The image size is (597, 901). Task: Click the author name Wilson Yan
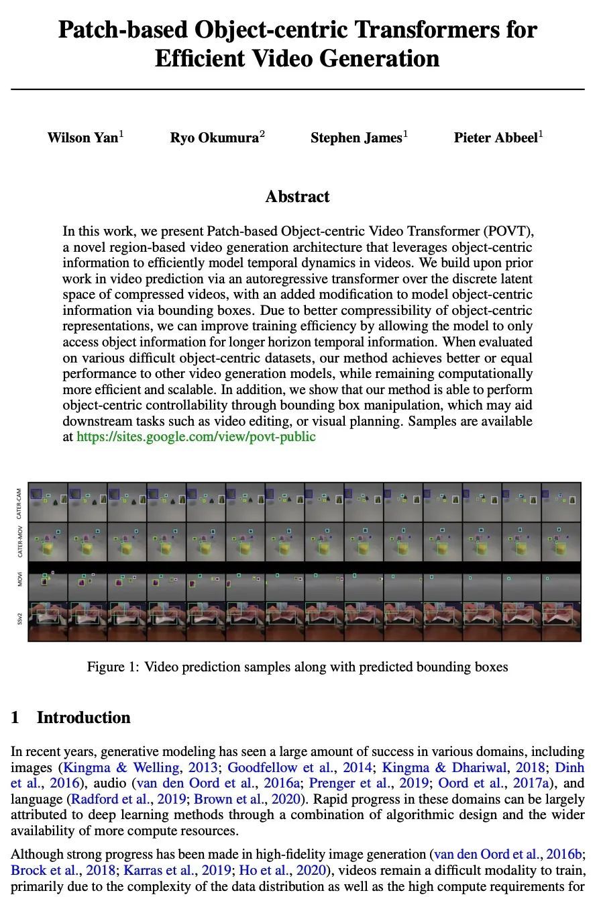point(83,138)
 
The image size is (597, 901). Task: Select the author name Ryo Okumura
point(214,138)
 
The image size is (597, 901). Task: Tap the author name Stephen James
point(356,138)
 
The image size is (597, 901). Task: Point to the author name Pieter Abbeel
point(496,138)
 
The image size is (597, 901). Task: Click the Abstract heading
point(297,197)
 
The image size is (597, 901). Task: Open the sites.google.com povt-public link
point(196,437)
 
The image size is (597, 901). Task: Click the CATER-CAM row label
point(19,502)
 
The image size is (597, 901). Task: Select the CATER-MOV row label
point(19,541)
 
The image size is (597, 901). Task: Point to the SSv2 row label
point(19,620)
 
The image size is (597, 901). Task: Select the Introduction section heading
point(83,718)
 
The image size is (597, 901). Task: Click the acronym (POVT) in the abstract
point(508,232)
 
